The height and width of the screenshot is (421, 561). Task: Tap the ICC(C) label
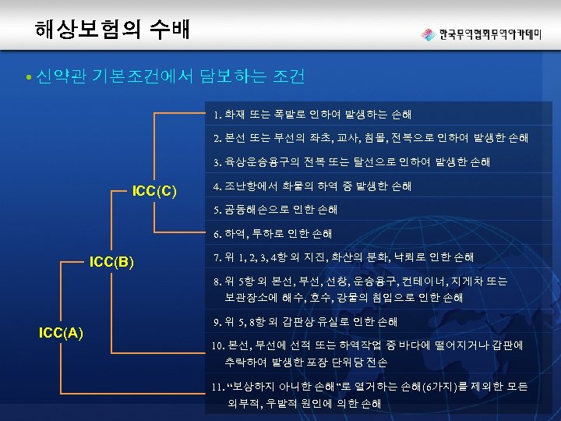(x=155, y=190)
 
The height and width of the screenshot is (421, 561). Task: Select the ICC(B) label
(x=113, y=260)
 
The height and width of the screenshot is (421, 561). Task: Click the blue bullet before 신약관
(x=27, y=77)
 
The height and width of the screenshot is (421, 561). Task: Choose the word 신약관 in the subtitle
(x=62, y=76)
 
